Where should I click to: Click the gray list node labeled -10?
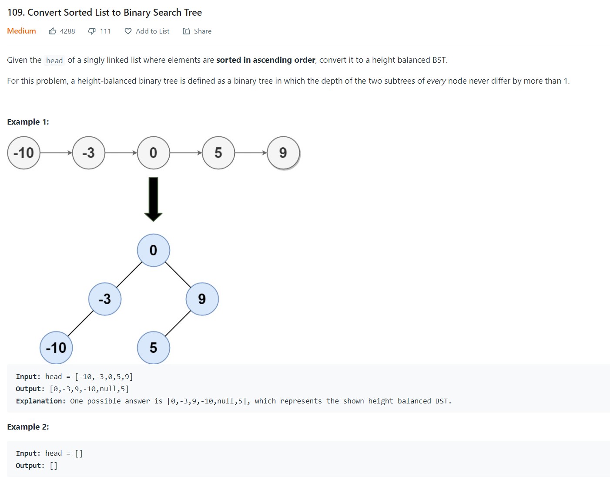(23, 153)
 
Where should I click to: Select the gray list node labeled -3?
(88, 153)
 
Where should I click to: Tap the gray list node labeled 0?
(153, 153)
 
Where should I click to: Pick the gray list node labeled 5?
(218, 153)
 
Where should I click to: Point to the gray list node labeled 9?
(283, 153)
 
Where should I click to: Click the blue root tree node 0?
(153, 250)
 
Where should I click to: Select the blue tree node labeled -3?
(105, 299)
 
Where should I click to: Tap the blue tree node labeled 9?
(202, 299)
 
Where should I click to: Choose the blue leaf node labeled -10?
(56, 348)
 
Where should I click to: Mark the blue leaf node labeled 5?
(153, 348)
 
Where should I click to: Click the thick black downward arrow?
(153, 200)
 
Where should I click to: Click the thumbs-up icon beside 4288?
(53, 31)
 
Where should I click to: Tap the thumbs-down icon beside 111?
(91, 31)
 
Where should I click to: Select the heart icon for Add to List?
(128, 31)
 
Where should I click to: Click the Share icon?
(186, 31)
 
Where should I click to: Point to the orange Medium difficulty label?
(22, 31)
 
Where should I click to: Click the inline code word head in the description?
(54, 61)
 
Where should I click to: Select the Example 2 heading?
(28, 427)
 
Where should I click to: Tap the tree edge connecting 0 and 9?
(178, 274)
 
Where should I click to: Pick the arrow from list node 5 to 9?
(251, 153)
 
